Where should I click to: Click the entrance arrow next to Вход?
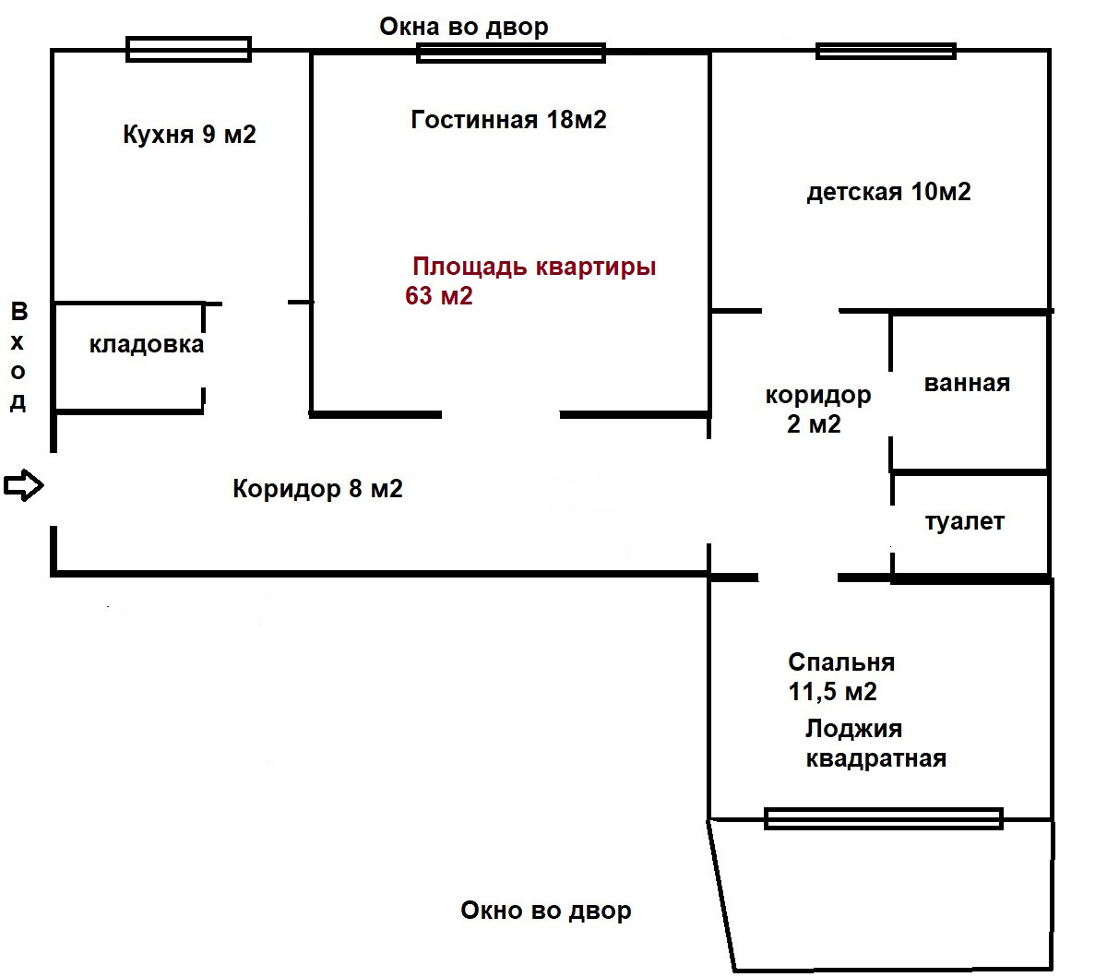click(24, 484)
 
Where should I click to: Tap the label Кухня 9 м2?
click(189, 135)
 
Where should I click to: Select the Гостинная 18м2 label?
click(508, 120)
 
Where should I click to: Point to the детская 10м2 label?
click(888, 192)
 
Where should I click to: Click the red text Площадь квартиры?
click(534, 267)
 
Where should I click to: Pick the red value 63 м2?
click(438, 296)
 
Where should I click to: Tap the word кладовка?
click(146, 345)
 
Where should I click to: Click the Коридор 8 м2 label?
click(317, 488)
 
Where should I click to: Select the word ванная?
click(967, 383)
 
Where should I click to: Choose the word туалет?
click(964, 522)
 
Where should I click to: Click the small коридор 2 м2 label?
click(817, 410)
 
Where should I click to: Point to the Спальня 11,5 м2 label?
click(839, 676)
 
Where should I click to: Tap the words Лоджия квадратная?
click(875, 744)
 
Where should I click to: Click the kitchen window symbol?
click(188, 49)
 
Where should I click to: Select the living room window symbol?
click(511, 53)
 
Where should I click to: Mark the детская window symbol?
click(886, 51)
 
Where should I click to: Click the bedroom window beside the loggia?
click(883, 818)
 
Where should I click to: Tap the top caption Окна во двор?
click(464, 27)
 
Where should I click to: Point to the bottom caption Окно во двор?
click(546, 911)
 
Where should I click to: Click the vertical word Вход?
click(18, 356)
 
